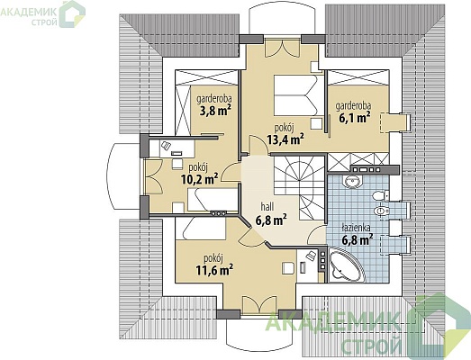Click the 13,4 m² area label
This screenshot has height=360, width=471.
(285, 139)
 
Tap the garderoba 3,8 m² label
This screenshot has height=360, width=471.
(213, 105)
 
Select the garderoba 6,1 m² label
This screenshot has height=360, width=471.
(353, 112)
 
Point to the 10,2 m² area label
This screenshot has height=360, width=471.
(199, 179)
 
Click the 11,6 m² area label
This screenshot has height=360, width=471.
(214, 270)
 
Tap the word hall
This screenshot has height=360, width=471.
(267, 207)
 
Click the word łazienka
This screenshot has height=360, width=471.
(357, 229)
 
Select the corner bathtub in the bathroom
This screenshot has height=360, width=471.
(348, 265)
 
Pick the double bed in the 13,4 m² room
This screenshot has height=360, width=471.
(295, 95)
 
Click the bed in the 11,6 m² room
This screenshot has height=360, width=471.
(201, 229)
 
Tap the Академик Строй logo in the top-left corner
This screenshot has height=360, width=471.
(43, 14)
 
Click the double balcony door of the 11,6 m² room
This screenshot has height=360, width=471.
(259, 305)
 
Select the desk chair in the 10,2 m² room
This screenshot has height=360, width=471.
(177, 164)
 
